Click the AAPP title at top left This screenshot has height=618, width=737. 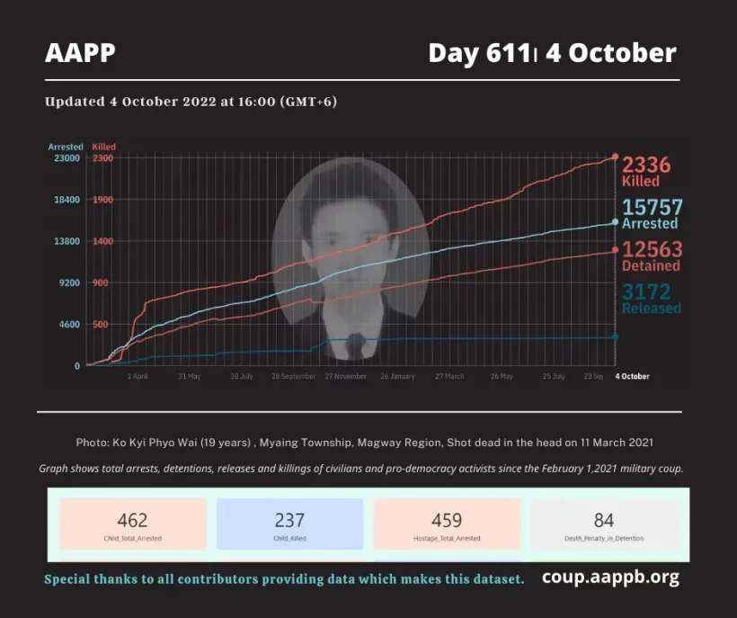80,53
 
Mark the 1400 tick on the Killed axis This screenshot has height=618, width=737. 102,241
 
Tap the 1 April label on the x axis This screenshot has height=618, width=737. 137,376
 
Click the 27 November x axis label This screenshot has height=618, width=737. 345,376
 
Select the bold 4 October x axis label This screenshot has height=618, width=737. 632,376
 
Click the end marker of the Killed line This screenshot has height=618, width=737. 615,157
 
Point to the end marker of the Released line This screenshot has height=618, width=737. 615,336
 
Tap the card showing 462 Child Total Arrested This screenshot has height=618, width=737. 132,524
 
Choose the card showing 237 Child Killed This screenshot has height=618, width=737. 289,524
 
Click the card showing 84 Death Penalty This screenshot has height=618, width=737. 604,524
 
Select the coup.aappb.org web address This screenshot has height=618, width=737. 610,578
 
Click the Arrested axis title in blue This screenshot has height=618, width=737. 66,147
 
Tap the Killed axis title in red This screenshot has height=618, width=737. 103,147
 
